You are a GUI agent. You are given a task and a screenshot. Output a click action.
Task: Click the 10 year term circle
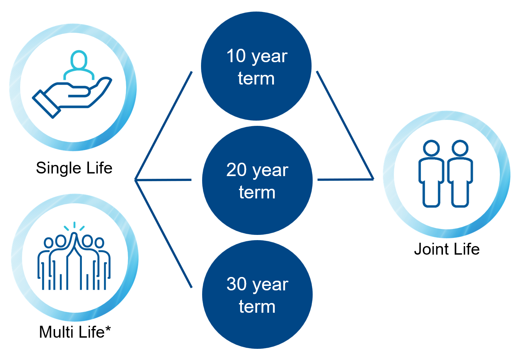[256, 66]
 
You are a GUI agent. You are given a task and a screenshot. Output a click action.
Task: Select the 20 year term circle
[257, 180]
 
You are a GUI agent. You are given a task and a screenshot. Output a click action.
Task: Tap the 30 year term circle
[257, 294]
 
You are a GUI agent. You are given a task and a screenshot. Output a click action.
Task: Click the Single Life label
[74, 168]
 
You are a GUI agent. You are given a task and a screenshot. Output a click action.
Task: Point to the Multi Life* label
[75, 332]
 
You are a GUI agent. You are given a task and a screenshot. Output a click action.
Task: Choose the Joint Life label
[447, 249]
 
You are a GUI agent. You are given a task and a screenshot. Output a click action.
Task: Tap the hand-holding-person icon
[72, 84]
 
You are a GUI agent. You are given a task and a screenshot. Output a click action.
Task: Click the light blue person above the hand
[79, 65]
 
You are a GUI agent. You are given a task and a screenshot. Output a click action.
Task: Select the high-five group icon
[74, 256]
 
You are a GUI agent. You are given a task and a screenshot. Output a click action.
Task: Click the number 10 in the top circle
[236, 56]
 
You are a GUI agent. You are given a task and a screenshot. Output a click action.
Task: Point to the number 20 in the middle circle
[236, 170]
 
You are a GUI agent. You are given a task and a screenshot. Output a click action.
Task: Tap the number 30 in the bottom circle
[236, 284]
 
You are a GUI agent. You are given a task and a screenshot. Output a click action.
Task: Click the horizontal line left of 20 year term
[163, 180]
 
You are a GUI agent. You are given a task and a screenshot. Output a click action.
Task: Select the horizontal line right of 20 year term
[345, 179]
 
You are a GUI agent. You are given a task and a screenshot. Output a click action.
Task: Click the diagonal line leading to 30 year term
[163, 234]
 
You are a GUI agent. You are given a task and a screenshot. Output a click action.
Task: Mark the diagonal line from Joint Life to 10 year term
[345, 125]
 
